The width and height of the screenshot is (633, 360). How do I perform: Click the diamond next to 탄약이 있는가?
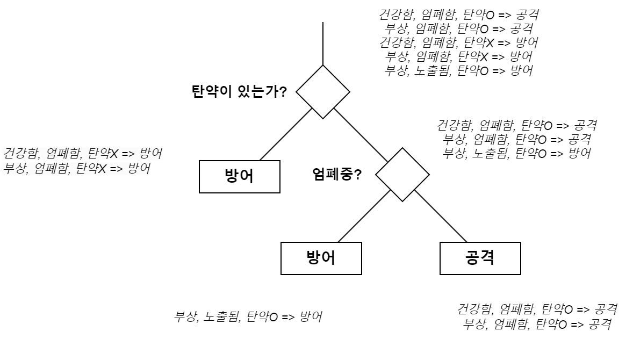[x=323, y=92]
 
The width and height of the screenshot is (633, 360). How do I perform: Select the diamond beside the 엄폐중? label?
[x=402, y=175]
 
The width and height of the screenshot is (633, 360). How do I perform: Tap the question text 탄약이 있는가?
[x=239, y=91]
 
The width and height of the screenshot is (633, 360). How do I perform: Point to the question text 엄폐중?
[x=336, y=174]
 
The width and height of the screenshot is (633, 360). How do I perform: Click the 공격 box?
[x=480, y=258]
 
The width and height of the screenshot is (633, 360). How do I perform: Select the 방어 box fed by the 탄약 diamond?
[x=239, y=176]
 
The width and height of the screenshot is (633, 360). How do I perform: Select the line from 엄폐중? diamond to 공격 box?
[x=441, y=217]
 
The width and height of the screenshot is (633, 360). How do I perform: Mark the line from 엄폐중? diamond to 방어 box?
[x=364, y=216]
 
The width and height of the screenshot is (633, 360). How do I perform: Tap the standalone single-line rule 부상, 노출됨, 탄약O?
[x=248, y=316]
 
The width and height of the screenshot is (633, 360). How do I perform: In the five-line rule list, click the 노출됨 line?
[x=458, y=71]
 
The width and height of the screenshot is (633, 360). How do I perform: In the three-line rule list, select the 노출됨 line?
[x=516, y=154]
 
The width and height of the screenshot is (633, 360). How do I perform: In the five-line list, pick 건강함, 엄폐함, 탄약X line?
[x=458, y=43]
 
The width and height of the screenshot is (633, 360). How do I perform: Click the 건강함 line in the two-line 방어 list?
[x=83, y=154]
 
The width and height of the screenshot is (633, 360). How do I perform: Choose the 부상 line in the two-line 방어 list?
[x=77, y=168]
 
